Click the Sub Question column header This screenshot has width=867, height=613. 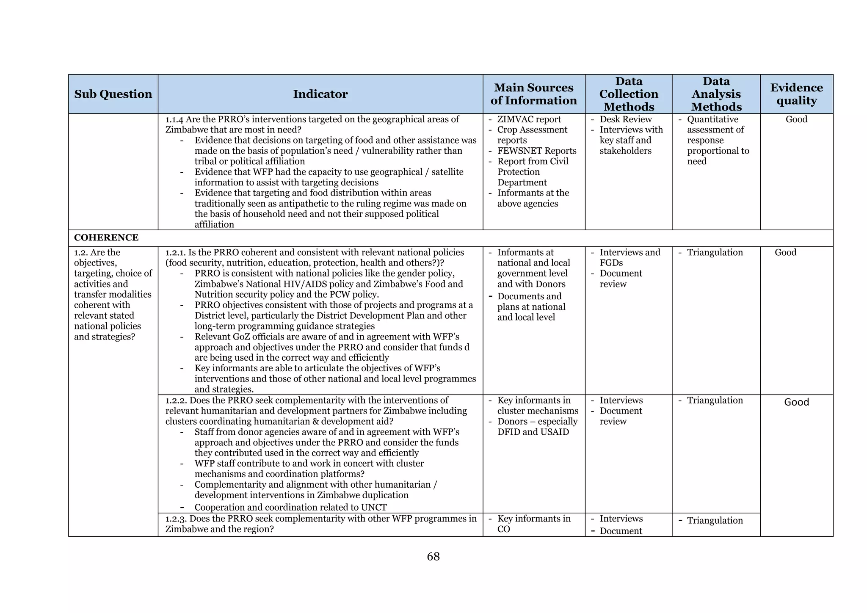tap(113, 94)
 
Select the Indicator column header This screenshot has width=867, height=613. tap(320, 94)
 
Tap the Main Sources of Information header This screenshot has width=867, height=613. tap(533, 94)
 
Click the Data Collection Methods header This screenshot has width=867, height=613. tap(629, 94)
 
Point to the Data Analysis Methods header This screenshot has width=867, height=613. tap(716, 94)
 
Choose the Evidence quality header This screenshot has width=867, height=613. tap(796, 94)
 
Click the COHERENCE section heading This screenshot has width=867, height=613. tap(106, 237)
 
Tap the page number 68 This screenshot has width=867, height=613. tap(433, 556)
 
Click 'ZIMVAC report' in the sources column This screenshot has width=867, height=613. tap(529, 119)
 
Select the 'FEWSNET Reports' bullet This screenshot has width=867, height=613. tap(536, 151)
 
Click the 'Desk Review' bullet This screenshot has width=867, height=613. tap(625, 119)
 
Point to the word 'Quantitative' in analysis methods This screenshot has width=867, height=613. tap(712, 119)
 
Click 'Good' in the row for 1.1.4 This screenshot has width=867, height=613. tap(796, 119)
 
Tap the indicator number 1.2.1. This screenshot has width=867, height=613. tap(175, 253)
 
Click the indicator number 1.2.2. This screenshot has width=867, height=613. tap(176, 400)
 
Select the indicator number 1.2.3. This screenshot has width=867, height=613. tap(176, 519)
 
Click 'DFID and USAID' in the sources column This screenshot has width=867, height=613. tap(533, 432)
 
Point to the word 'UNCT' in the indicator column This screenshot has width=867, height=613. tap(374, 507)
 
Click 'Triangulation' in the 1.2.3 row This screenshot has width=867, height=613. tap(715, 520)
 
